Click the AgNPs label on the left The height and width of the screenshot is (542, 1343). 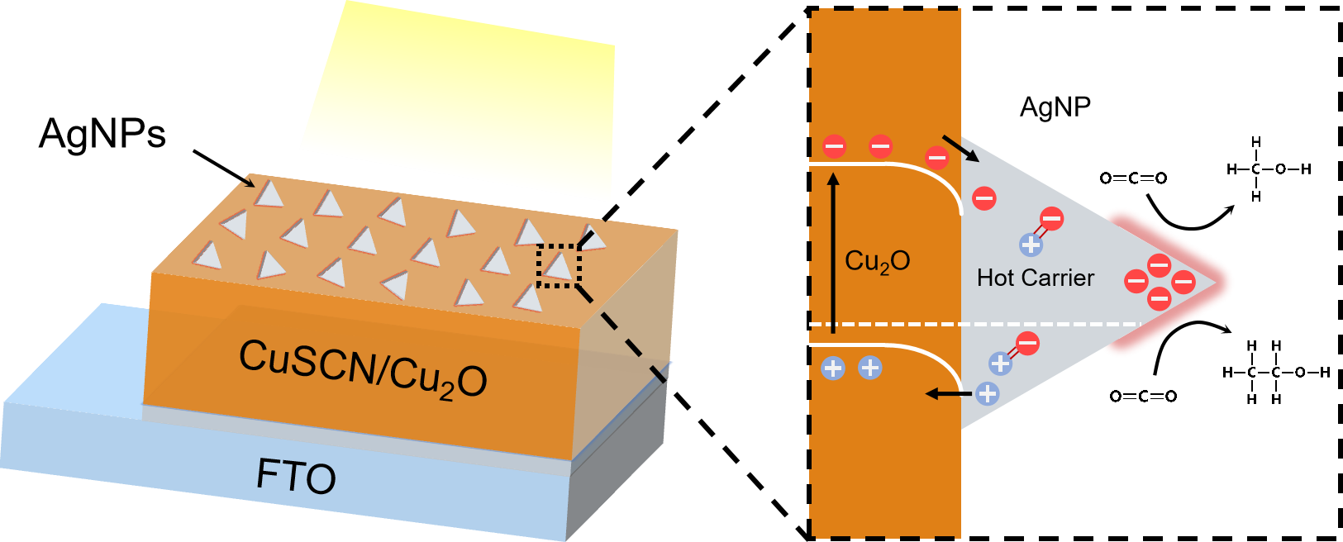tap(102, 133)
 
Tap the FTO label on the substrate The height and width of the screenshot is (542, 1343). tap(296, 476)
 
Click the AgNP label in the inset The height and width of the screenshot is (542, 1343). tap(1055, 107)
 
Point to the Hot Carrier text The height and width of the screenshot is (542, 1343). tap(1035, 278)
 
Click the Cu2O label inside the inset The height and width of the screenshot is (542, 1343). tap(877, 261)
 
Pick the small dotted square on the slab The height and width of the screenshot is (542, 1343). tap(559, 265)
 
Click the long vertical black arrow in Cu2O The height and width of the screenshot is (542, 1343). tap(833, 252)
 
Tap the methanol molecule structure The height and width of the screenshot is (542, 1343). tap(1268, 169)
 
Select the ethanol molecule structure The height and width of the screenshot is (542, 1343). tap(1275, 373)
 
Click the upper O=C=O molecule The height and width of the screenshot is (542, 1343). tap(1133, 178)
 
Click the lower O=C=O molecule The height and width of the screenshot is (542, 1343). tap(1143, 397)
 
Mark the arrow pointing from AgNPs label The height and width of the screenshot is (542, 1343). tap(224, 169)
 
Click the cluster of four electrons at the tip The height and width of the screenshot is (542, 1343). tap(1160, 282)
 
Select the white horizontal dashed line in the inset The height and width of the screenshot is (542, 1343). tap(975, 324)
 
